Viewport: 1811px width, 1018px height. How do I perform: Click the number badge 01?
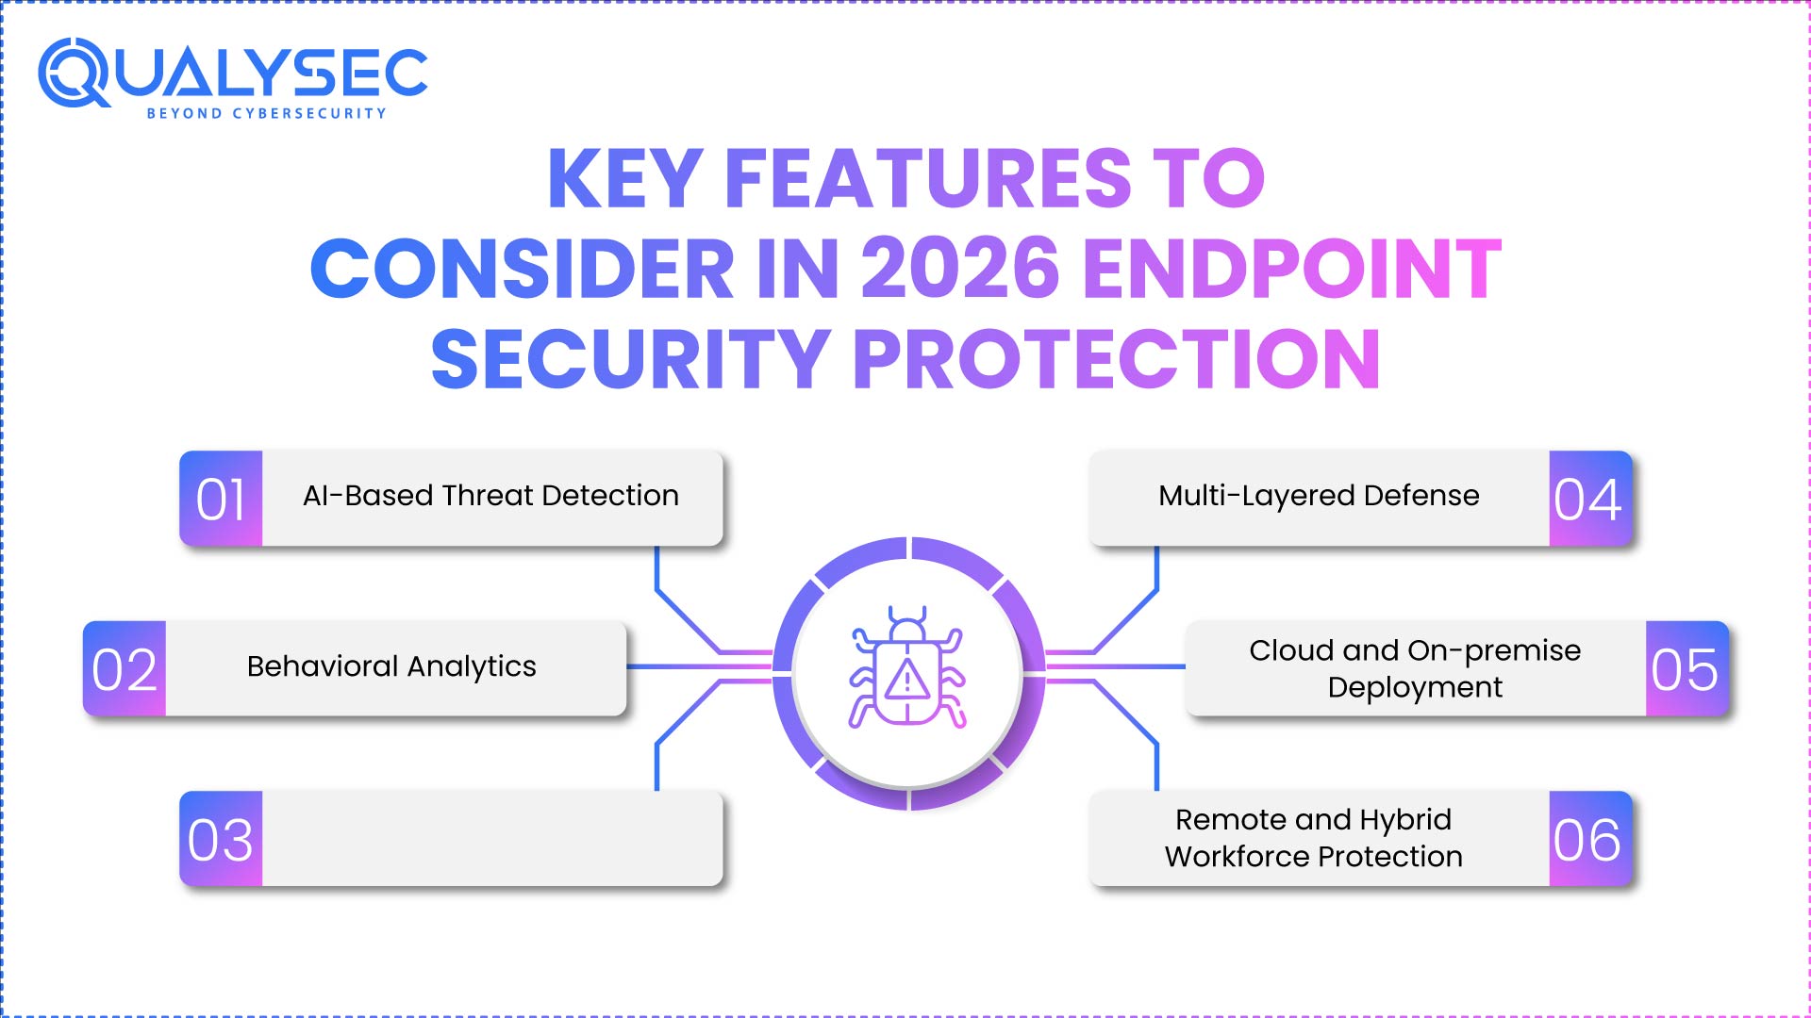click(221, 499)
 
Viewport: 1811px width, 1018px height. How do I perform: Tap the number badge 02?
click(125, 669)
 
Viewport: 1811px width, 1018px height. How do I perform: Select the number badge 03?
click(221, 839)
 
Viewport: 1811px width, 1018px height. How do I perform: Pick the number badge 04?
click(1589, 499)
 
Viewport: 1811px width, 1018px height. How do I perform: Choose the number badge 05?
click(1686, 669)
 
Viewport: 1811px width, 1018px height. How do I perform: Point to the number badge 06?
click(1589, 839)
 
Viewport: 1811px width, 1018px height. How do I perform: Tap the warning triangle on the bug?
click(907, 679)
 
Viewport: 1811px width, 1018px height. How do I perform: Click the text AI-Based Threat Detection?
click(490, 496)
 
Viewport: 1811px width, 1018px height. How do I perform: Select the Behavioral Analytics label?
click(391, 666)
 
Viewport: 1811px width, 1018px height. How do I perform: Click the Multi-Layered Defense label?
click(1319, 496)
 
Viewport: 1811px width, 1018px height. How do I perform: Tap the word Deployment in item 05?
click(1415, 687)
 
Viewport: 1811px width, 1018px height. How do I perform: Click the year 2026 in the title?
click(960, 269)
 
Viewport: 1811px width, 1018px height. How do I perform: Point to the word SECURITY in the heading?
click(630, 359)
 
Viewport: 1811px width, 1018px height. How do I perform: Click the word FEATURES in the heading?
click(928, 178)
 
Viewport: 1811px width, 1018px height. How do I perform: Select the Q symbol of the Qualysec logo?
click(74, 73)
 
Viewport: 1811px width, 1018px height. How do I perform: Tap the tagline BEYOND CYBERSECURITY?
click(266, 113)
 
